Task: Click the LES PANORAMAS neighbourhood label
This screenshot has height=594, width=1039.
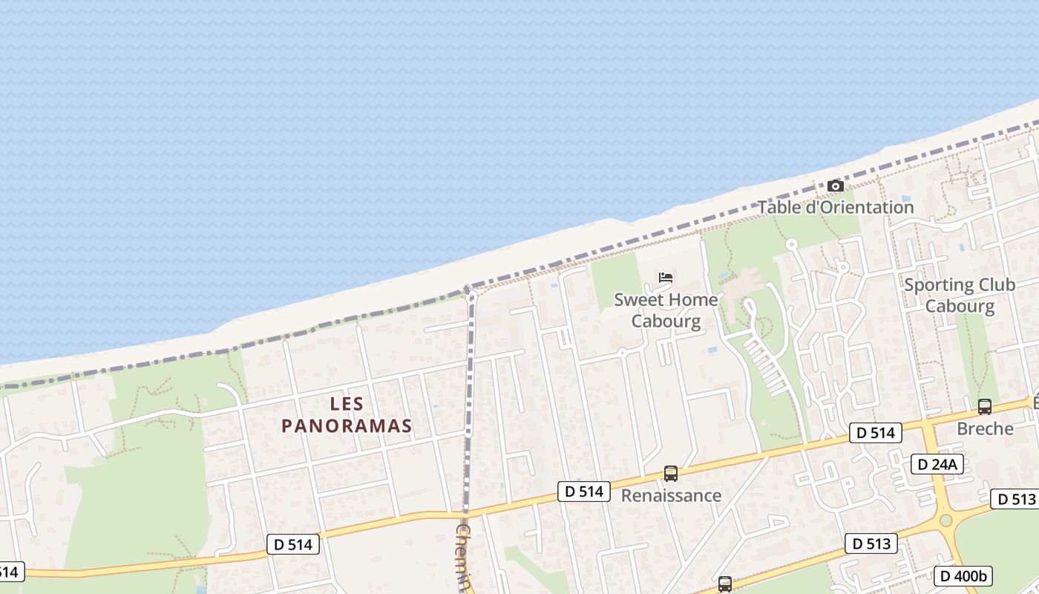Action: click(346, 415)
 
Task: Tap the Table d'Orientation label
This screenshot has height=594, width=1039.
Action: click(835, 207)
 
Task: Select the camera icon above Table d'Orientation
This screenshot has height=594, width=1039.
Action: click(835, 186)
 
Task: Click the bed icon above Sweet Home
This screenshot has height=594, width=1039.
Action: click(666, 278)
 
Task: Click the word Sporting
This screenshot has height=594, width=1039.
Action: click(938, 285)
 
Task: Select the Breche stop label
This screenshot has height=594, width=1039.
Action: click(985, 429)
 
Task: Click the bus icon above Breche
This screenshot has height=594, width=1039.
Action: click(985, 407)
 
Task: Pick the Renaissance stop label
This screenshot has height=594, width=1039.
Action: click(671, 495)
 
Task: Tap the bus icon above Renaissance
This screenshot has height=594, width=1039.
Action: click(671, 474)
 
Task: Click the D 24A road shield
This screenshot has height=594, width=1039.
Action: click(937, 465)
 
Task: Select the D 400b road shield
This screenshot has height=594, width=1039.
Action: click(963, 575)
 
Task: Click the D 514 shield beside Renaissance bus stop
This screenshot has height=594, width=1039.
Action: click(584, 491)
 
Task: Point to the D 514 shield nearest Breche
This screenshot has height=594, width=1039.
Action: click(876, 433)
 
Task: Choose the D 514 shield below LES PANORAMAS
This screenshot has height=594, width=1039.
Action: click(293, 544)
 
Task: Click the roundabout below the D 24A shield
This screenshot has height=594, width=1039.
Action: click(945, 520)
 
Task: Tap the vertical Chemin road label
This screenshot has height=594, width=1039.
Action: click(465, 557)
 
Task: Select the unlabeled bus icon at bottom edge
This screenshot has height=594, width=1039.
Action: click(725, 584)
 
